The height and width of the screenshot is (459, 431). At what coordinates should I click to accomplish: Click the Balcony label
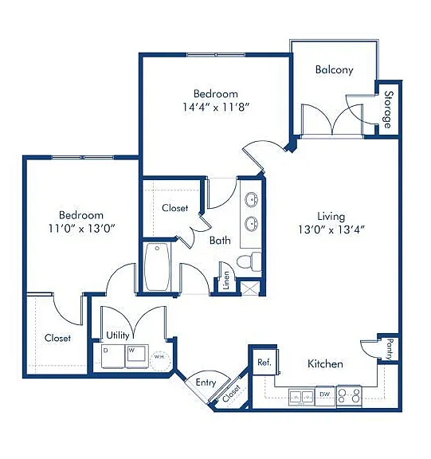coord(334,70)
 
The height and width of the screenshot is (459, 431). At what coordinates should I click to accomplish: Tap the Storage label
coord(388,109)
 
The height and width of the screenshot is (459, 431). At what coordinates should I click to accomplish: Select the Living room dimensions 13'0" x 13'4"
coord(331,229)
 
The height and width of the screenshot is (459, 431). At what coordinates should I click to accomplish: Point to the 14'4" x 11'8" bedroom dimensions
coord(216,107)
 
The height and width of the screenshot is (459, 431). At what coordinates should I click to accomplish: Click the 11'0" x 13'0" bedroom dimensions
coord(81,228)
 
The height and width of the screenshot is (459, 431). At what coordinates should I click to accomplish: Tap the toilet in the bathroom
coord(249,261)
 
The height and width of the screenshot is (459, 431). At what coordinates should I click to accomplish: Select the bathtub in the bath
coord(157,267)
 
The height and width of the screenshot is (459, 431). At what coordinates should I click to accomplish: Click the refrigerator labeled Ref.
coord(265,362)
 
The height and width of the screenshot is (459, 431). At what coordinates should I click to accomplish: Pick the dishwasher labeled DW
coord(325,395)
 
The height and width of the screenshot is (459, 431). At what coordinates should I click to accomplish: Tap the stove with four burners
coord(349,396)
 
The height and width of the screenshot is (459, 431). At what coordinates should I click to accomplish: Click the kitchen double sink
coord(301,397)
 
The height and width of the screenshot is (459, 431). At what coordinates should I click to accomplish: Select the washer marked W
coord(137,356)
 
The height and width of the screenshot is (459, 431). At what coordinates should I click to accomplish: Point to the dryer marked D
coord(113,356)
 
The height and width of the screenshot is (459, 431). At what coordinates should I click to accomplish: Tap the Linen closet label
coord(226,280)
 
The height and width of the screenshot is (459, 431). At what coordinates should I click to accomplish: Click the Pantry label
coord(390,350)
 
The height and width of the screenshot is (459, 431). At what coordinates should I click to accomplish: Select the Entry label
coord(206,382)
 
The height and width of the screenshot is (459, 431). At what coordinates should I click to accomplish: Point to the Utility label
coord(118,335)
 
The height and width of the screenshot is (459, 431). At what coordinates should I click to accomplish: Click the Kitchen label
coord(325,364)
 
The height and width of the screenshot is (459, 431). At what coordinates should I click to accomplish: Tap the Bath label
coord(220,241)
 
